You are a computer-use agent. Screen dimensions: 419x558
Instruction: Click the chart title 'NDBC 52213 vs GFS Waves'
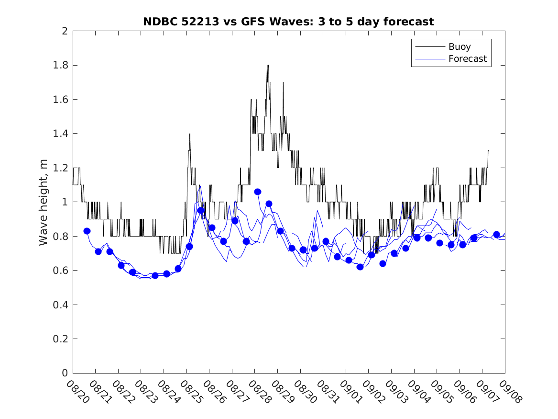point(288,22)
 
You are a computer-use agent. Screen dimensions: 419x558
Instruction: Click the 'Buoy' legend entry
point(459,47)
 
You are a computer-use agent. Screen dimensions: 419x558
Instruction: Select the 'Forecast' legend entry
point(467,59)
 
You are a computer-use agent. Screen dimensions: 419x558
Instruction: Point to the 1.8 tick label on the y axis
point(62,65)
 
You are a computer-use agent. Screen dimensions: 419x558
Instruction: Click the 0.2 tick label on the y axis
point(62,339)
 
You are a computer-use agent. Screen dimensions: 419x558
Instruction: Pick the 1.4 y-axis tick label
point(62,134)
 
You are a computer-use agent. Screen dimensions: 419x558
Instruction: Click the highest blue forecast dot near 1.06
point(258,192)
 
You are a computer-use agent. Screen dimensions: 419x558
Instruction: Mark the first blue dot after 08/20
point(87,231)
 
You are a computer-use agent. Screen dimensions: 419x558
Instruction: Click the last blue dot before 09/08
point(496,234)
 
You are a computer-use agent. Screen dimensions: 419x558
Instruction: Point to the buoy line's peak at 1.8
point(268,65)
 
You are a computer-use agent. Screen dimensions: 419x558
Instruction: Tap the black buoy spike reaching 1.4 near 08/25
point(190,134)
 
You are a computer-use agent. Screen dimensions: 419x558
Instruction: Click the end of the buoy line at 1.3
point(489,150)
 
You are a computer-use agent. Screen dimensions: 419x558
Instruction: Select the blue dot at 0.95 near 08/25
point(201,210)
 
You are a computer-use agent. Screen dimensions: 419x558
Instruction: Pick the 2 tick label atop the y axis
point(64,31)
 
